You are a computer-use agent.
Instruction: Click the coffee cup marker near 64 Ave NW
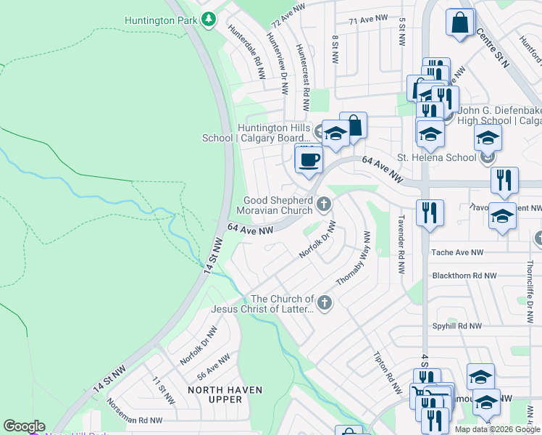[309, 159]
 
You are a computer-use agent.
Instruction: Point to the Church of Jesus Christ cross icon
[325, 303]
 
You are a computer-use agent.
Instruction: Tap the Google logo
[24, 426]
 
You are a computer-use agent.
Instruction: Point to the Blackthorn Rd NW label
[464, 275]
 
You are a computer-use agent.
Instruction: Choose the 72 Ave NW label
[286, 14]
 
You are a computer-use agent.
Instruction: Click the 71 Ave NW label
[364, 22]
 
